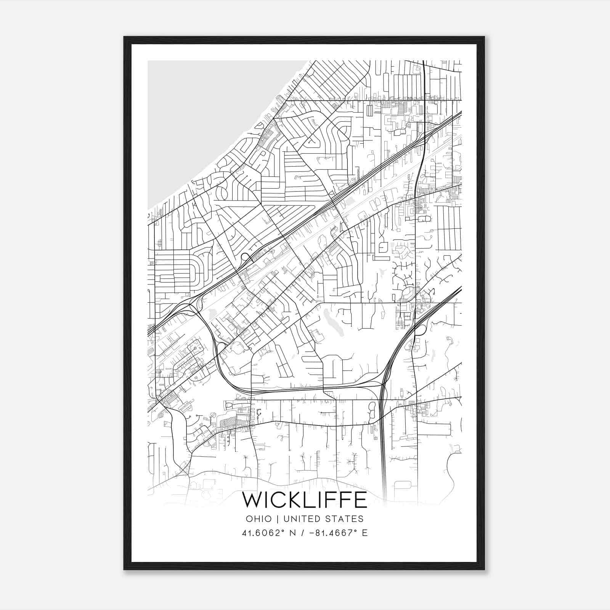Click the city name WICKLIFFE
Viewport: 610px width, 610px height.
[x=305, y=500]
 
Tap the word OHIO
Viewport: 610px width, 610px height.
[x=259, y=519]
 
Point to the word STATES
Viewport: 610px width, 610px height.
[x=345, y=519]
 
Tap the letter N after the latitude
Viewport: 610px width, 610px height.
[x=292, y=533]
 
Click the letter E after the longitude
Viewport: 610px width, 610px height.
[x=365, y=533]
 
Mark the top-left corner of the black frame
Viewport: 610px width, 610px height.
[x=124, y=37]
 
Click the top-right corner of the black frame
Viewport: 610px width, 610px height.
[x=484, y=37]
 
